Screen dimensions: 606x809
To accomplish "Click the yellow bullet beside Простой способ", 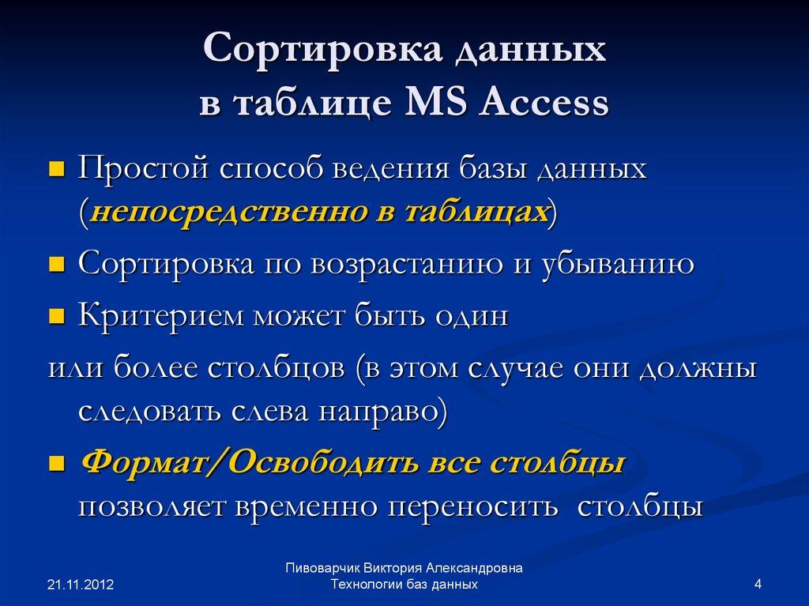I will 56,170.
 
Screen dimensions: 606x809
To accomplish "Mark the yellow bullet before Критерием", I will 56,318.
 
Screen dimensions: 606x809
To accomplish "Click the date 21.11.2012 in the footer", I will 81,585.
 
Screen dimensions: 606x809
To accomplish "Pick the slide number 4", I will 758,585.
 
